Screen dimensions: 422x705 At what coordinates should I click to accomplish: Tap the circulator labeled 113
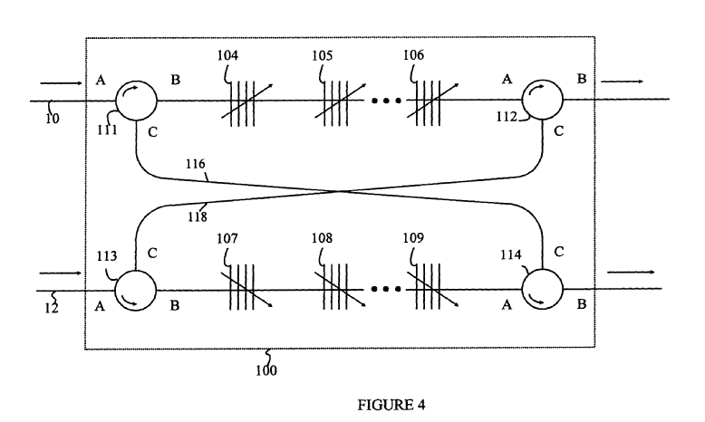click(x=136, y=290)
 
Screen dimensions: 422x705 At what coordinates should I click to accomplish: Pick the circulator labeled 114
click(x=541, y=290)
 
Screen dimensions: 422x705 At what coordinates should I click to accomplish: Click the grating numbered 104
click(x=240, y=100)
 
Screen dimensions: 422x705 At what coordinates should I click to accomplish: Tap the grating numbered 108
click(x=340, y=290)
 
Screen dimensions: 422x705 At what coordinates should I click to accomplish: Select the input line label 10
click(x=52, y=117)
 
